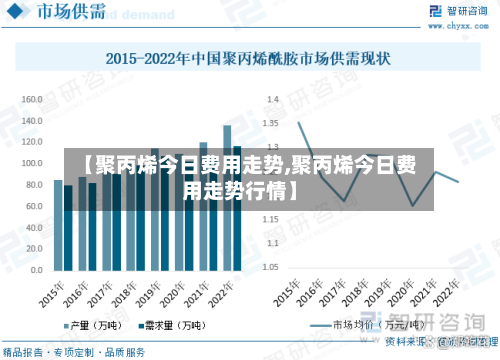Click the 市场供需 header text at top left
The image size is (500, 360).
67,13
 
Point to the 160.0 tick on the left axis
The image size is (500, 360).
31,99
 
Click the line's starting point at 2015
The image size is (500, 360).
299,122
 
